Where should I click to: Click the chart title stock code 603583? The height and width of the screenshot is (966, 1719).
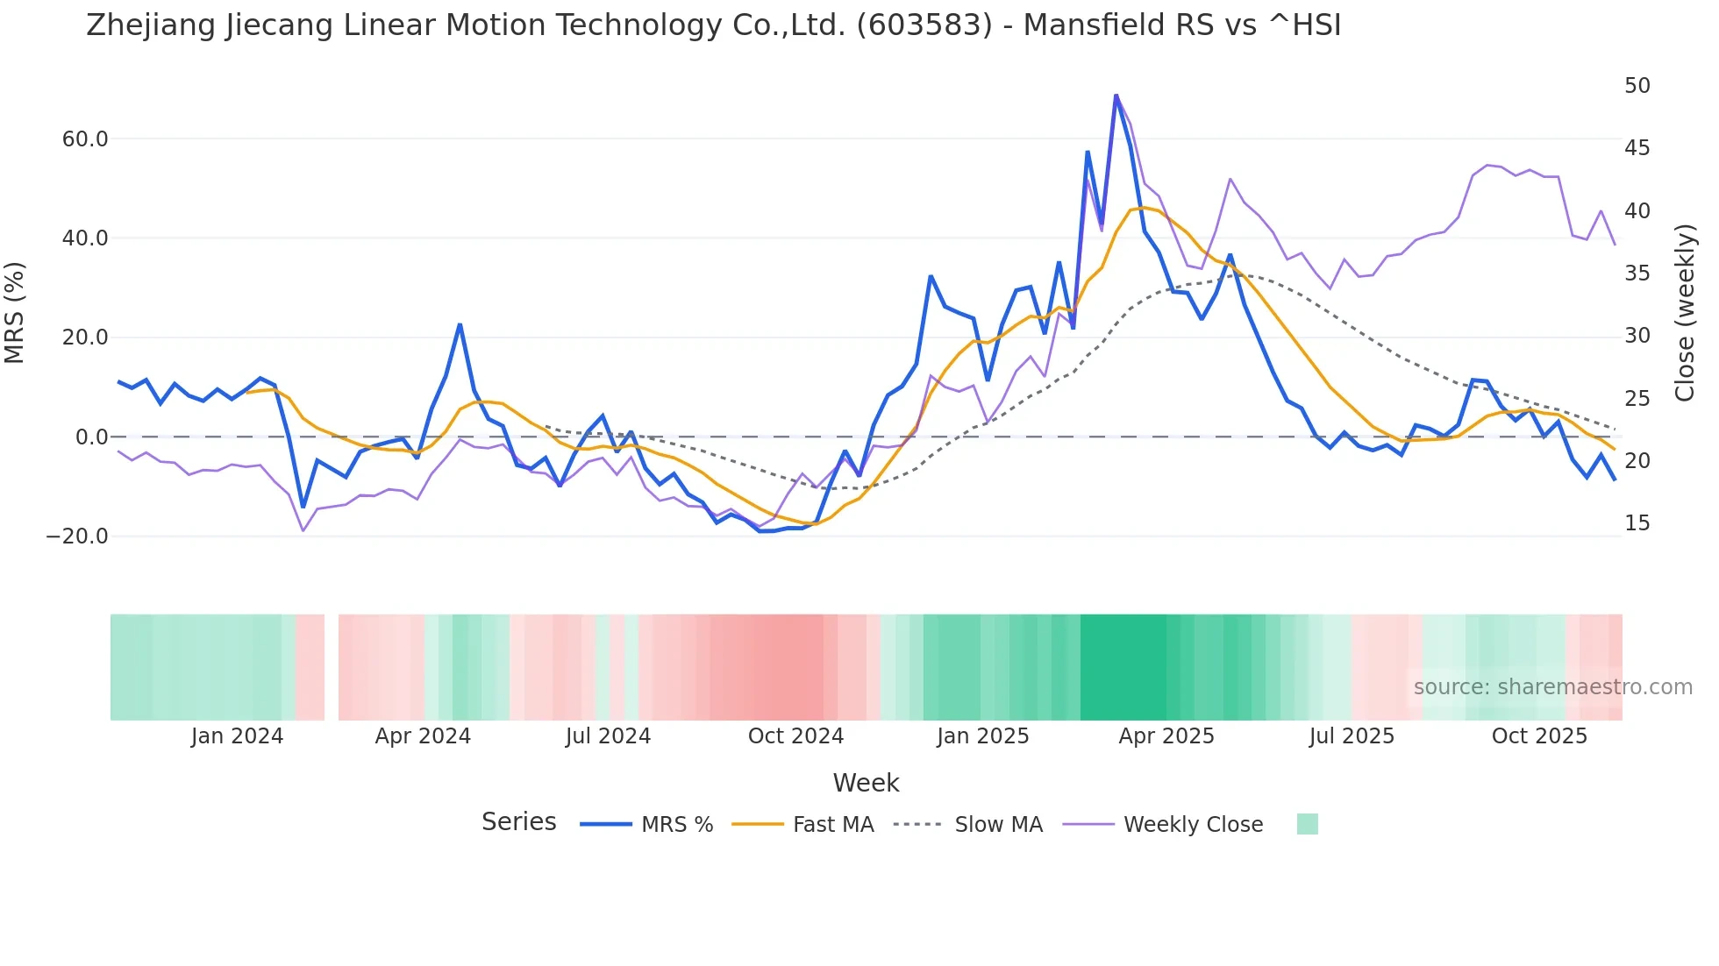(x=924, y=25)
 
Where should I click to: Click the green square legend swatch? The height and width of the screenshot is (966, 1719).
(x=1307, y=824)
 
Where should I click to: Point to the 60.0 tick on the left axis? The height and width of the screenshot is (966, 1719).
(x=85, y=139)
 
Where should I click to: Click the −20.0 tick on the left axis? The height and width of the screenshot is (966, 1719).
(x=77, y=536)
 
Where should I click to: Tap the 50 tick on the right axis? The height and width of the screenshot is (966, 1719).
(x=1637, y=86)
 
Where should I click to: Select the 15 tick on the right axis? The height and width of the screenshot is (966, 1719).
(x=1637, y=523)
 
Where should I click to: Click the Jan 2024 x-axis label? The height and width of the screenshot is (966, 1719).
(x=237, y=736)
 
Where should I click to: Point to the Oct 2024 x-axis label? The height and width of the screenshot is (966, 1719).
(x=795, y=736)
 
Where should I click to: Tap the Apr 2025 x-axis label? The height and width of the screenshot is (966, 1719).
(x=1166, y=736)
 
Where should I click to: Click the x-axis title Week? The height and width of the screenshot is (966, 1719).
(x=866, y=783)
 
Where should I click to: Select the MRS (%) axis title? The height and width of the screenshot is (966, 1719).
(x=15, y=312)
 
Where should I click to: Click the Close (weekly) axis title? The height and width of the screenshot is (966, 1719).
(x=1684, y=312)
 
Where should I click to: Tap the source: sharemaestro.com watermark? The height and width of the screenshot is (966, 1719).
(x=1552, y=687)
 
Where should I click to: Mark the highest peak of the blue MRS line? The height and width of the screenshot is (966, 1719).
(x=1116, y=95)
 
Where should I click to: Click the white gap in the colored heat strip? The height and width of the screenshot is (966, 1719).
(x=332, y=667)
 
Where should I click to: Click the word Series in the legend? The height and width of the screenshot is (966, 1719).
(x=518, y=822)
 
